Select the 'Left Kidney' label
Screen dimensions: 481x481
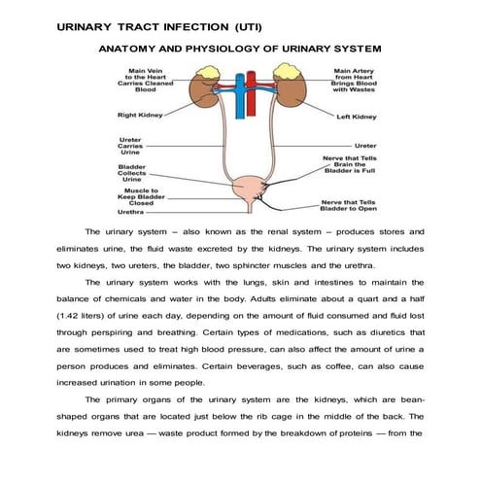click(x=356, y=117)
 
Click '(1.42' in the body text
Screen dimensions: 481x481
click(x=72, y=318)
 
